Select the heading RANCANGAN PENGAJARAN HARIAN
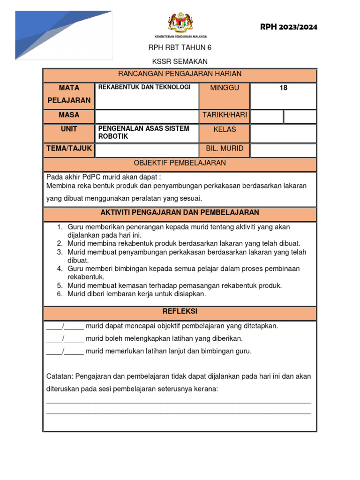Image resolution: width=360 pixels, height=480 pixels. click(180, 74)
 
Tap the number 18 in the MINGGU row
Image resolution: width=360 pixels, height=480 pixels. click(283, 88)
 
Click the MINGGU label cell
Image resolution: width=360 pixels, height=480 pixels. click(225, 88)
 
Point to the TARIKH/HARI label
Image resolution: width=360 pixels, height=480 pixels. click(225, 115)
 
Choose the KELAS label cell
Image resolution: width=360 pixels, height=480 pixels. click(225, 129)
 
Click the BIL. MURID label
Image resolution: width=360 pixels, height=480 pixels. click(225, 149)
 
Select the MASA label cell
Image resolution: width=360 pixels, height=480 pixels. click(69, 115)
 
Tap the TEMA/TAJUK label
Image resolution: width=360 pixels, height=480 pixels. click(69, 149)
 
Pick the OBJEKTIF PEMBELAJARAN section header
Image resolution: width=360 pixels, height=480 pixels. click(180, 164)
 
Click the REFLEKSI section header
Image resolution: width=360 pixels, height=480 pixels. click(180, 312)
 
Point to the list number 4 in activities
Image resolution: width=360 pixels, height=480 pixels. click(60, 269)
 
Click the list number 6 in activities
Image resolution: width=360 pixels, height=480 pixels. click(60, 294)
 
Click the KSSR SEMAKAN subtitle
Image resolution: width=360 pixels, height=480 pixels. click(180, 61)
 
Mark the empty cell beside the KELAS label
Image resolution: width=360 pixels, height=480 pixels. click(283, 133)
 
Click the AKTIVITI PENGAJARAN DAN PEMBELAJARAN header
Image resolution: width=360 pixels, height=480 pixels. click(180, 213)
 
